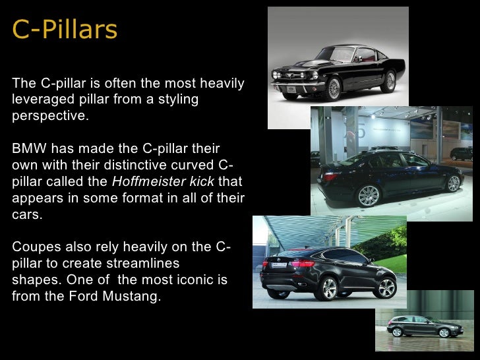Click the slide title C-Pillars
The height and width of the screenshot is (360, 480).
point(65,30)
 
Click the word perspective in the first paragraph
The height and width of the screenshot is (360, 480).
point(49,117)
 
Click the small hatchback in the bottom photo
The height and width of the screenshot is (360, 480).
point(416,324)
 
